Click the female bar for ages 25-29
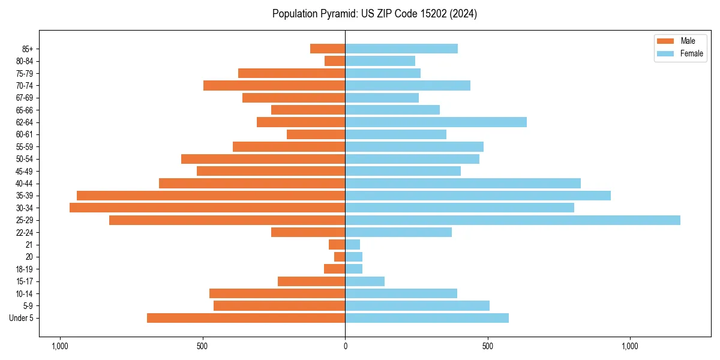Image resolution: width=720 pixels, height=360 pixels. (512, 220)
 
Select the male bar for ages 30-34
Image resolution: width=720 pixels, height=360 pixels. (207, 208)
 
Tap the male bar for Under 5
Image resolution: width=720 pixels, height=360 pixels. (246, 318)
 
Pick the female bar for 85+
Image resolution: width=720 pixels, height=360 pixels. (401, 49)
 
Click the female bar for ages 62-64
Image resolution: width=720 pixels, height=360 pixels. (436, 122)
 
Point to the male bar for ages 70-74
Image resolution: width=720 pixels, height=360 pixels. (274, 85)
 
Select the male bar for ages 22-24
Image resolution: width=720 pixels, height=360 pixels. (308, 232)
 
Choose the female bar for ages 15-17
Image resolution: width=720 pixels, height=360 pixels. (365, 281)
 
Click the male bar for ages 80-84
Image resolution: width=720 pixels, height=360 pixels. (335, 61)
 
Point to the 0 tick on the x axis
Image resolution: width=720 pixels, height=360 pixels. (345, 346)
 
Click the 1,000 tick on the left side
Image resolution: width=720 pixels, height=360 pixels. (59, 346)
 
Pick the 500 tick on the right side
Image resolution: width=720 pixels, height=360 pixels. (488, 346)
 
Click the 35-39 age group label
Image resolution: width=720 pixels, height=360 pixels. (25, 196)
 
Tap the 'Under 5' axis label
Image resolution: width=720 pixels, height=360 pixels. (22, 318)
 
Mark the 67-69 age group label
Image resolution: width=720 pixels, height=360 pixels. (25, 98)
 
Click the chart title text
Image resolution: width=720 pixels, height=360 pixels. (374, 14)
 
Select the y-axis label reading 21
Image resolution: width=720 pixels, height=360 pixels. (29, 245)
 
